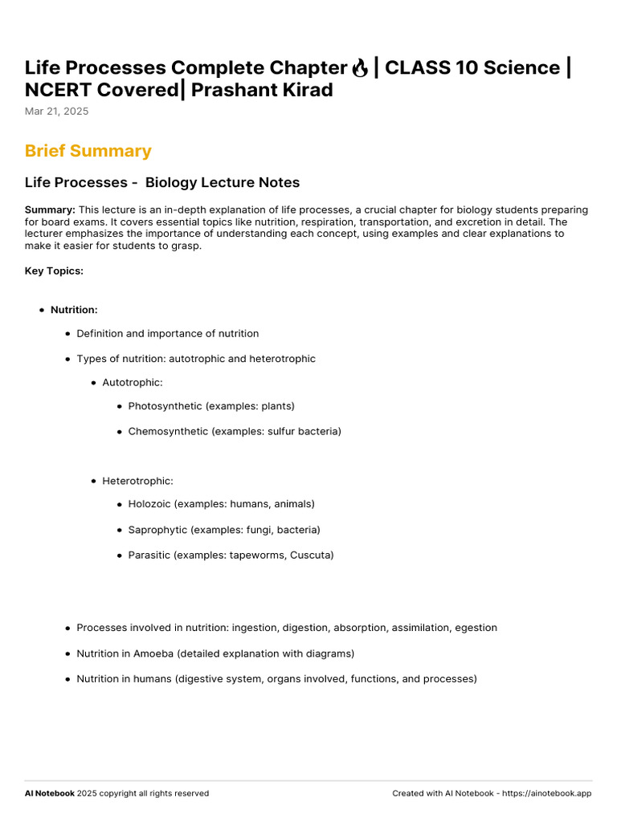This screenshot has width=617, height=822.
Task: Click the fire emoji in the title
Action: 360,67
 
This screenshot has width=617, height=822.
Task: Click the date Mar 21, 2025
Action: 56,112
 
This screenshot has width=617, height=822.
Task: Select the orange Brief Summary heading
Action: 88,151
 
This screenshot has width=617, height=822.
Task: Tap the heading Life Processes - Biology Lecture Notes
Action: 162,183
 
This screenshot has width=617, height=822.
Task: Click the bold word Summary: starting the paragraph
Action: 50,210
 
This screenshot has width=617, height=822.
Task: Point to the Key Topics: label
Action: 54,271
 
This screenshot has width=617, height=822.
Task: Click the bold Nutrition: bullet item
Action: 74,310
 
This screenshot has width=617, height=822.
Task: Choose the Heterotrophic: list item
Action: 137,481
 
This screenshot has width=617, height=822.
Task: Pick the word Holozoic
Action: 150,504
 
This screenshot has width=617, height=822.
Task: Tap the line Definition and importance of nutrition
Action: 167,334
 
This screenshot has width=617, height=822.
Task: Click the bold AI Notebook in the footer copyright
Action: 50,793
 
